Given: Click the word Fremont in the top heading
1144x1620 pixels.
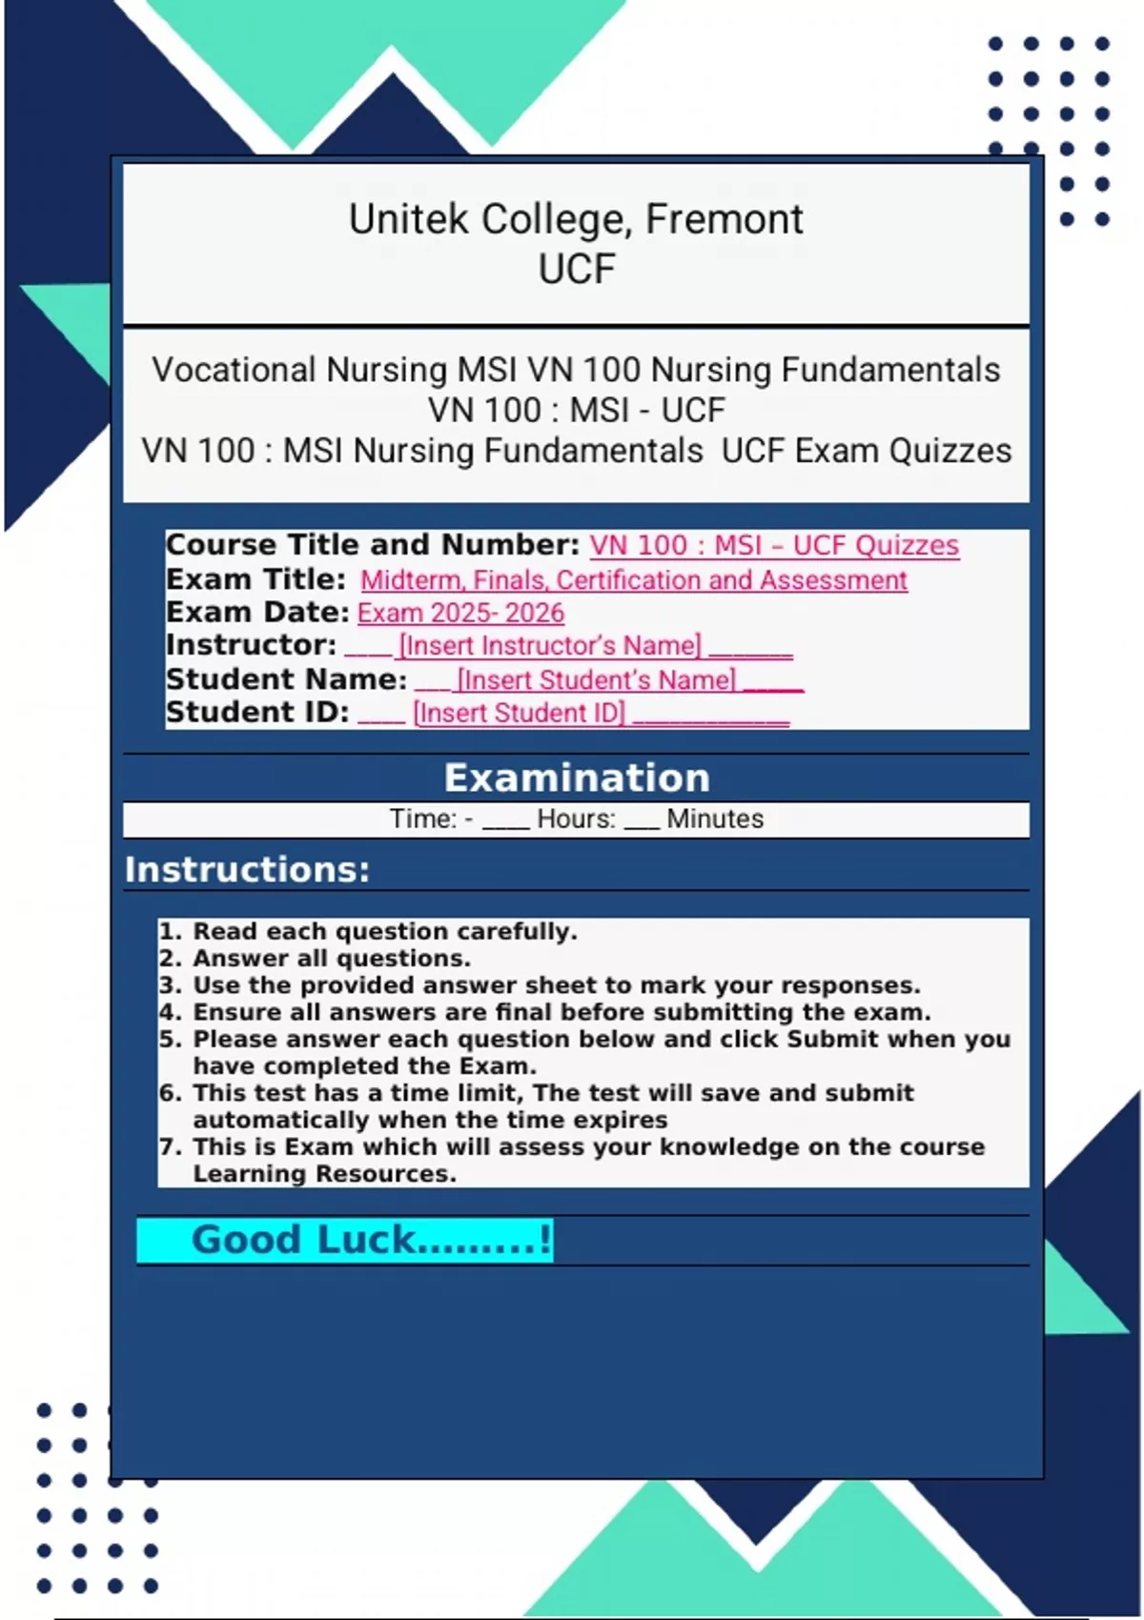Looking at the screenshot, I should pyautogui.click(x=724, y=220).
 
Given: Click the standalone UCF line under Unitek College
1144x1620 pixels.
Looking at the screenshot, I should pyautogui.click(x=576, y=270).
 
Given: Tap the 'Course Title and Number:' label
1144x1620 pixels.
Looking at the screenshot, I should pyautogui.click(x=372, y=545).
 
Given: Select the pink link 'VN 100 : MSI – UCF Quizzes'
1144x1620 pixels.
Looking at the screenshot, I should pyautogui.click(x=773, y=546).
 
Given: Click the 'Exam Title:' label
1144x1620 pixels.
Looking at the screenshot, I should pyautogui.click(x=255, y=579).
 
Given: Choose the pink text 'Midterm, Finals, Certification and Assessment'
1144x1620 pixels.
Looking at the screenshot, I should pyautogui.click(x=633, y=580).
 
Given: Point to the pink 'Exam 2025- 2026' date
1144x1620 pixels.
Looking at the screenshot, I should pyautogui.click(x=460, y=613).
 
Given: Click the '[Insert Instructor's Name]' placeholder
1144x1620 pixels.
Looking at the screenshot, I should pyautogui.click(x=550, y=646).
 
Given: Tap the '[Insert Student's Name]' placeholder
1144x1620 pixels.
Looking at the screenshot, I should pyautogui.click(x=596, y=680).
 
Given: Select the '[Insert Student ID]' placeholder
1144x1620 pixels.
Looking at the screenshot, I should pyautogui.click(x=519, y=713).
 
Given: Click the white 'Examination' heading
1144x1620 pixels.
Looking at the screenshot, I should pyautogui.click(x=577, y=778).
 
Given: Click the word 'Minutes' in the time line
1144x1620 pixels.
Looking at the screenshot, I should pyautogui.click(x=714, y=820).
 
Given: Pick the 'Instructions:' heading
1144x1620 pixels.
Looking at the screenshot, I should pyautogui.click(x=247, y=870).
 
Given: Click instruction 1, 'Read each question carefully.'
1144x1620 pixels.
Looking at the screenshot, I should pyautogui.click(x=384, y=931).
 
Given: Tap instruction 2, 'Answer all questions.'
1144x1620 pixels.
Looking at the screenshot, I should pyautogui.click(x=331, y=959).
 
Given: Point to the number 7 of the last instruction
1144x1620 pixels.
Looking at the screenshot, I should pyautogui.click(x=168, y=1147).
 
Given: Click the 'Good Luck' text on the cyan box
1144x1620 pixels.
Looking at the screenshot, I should pyautogui.click(x=370, y=1240).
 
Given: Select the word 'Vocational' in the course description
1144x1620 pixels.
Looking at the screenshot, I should pyautogui.click(x=234, y=370).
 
